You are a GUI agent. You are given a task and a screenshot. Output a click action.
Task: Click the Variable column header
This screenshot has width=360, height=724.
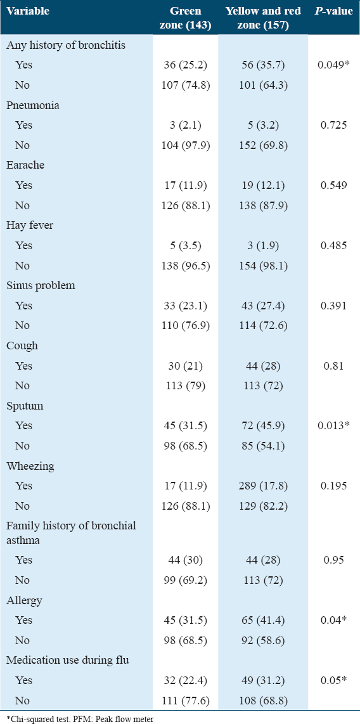(28, 11)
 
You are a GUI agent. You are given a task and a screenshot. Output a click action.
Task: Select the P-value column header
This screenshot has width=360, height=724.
(333, 11)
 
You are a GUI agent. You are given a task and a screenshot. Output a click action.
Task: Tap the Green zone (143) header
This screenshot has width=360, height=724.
(186, 17)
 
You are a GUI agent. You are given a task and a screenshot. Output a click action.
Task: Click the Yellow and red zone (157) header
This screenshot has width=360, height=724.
(262, 17)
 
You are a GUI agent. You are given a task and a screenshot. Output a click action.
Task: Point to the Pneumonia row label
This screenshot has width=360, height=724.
(33, 105)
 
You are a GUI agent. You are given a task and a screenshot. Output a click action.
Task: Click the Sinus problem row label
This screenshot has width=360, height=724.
(41, 285)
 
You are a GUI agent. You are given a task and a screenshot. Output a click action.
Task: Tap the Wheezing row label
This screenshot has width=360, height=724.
(30, 467)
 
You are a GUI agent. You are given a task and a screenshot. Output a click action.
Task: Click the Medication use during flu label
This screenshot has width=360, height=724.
(67, 660)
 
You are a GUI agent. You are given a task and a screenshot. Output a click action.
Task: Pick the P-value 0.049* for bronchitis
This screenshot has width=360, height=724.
(333, 65)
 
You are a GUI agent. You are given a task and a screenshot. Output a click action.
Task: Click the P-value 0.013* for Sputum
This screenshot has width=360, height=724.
(333, 425)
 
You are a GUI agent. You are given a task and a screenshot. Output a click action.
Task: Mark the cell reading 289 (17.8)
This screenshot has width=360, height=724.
(262, 486)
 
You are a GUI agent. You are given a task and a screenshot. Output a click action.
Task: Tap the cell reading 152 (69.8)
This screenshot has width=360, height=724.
(262, 145)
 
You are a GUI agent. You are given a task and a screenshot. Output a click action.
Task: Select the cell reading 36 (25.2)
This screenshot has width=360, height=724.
(186, 65)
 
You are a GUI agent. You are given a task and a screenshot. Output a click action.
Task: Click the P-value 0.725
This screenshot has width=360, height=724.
(333, 125)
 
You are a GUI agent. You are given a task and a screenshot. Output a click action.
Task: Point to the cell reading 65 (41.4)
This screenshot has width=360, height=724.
(262, 620)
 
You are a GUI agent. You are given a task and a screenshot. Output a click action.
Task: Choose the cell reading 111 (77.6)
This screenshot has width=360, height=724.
(186, 701)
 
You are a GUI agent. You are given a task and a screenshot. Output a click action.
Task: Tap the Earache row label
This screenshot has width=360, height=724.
(25, 165)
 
